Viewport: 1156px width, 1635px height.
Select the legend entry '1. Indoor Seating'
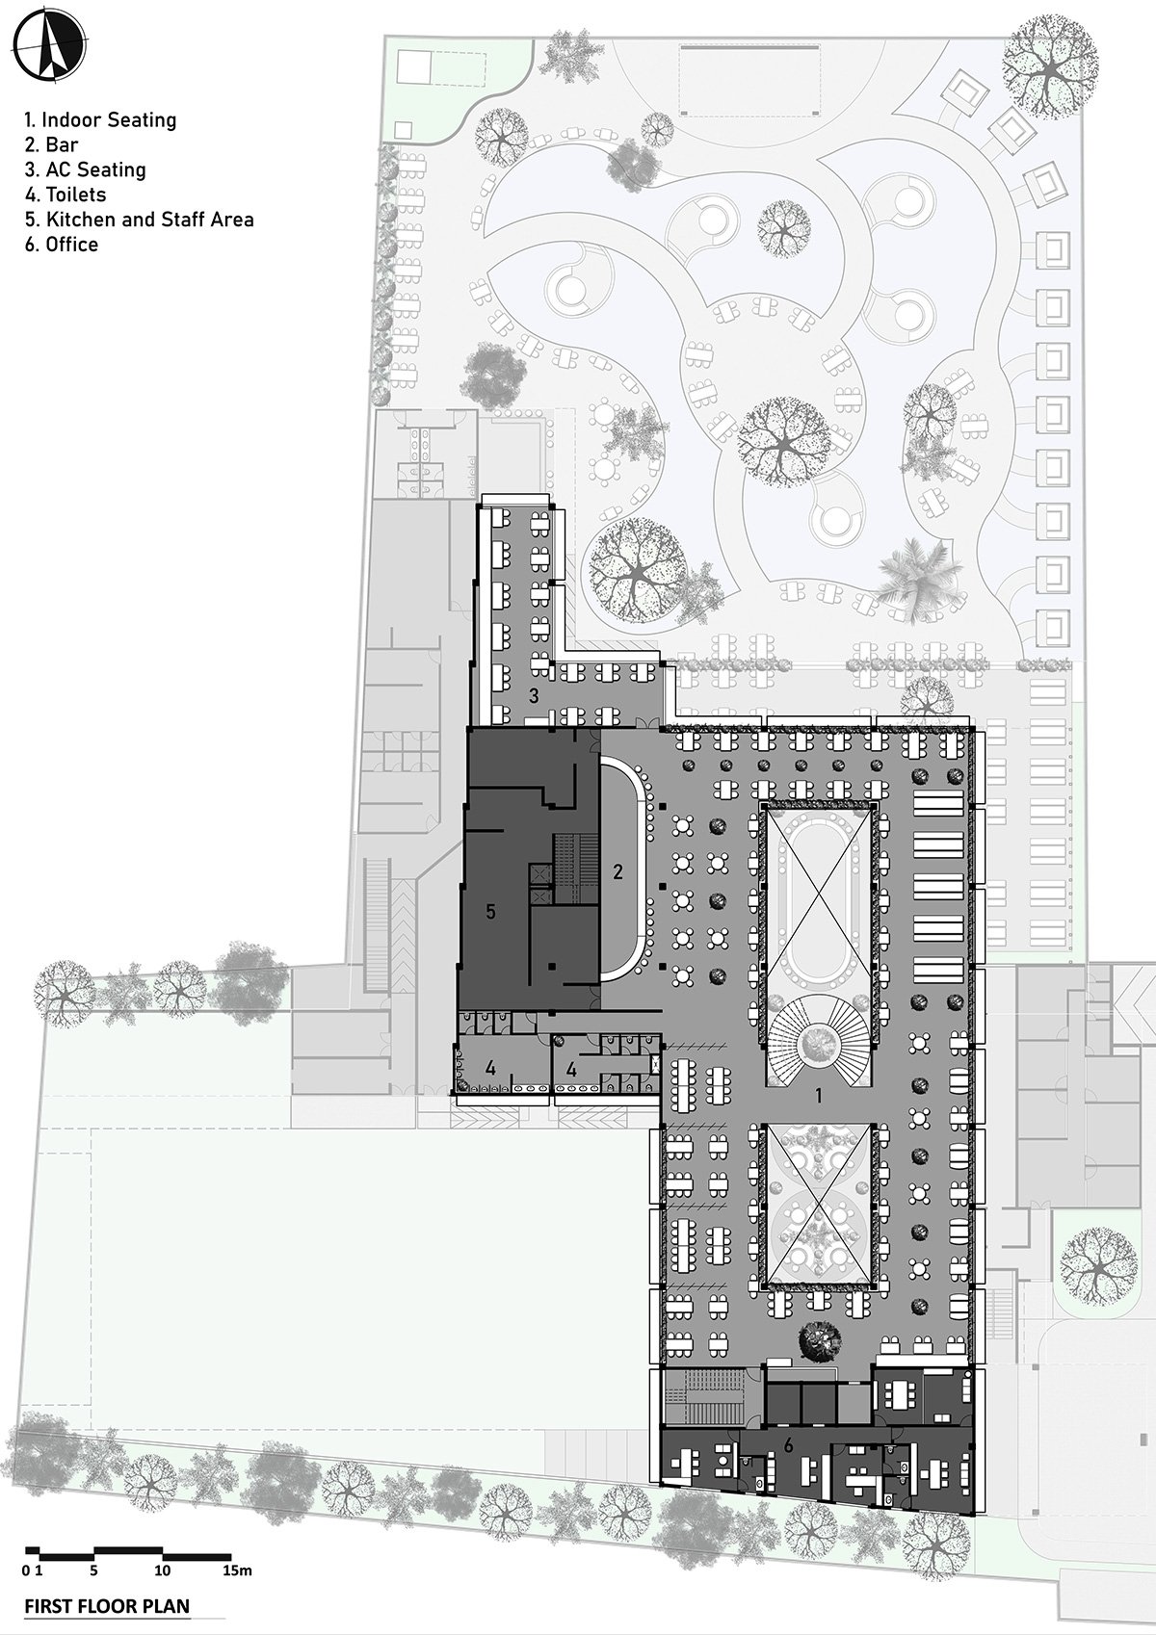point(100,119)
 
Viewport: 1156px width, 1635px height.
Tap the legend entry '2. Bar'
point(51,144)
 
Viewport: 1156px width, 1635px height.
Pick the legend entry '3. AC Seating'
point(85,170)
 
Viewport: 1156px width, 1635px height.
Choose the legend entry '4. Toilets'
point(65,195)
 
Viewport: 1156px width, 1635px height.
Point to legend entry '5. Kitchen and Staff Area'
point(139,219)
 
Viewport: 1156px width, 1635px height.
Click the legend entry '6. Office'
point(62,244)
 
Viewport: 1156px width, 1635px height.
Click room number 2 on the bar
point(617,870)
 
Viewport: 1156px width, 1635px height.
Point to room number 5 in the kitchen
point(490,911)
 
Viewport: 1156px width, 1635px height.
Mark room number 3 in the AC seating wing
point(534,696)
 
